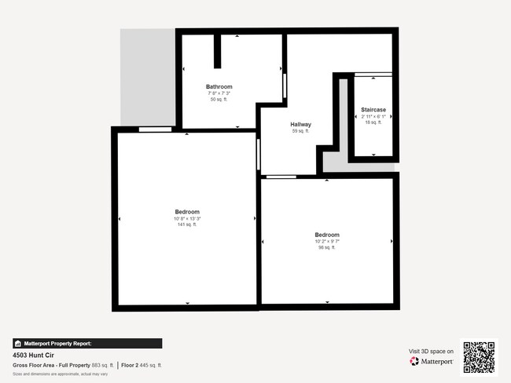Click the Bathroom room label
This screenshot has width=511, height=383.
pyautogui.click(x=219, y=86)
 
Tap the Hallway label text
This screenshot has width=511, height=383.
pyautogui.click(x=301, y=125)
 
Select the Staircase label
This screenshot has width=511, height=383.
pyautogui.click(x=373, y=109)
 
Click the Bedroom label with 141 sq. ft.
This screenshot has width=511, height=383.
pyautogui.click(x=187, y=212)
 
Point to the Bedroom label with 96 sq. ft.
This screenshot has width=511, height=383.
pyautogui.click(x=327, y=235)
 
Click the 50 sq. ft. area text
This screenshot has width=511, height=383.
pyautogui.click(x=219, y=100)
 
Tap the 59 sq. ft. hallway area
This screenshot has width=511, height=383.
pyautogui.click(x=301, y=132)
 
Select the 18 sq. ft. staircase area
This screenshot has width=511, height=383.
pyautogui.click(x=373, y=122)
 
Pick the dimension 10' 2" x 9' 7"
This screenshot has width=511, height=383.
pyautogui.click(x=327, y=242)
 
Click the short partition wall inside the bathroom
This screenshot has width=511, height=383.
pyautogui.click(x=218, y=51)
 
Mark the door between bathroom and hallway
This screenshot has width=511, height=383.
pyautogui.click(x=285, y=85)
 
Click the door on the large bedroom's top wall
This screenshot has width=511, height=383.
pyautogui.click(x=155, y=129)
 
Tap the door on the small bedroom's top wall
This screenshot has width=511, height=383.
pyautogui.click(x=281, y=177)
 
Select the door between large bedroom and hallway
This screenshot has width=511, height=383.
pyautogui.click(x=258, y=155)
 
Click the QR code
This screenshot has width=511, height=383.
pyautogui.click(x=479, y=357)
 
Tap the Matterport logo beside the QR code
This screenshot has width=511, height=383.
pyautogui.click(x=432, y=361)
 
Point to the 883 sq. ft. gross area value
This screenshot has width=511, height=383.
pyautogui.click(x=103, y=365)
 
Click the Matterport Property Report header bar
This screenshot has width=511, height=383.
pyautogui.click(x=87, y=343)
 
